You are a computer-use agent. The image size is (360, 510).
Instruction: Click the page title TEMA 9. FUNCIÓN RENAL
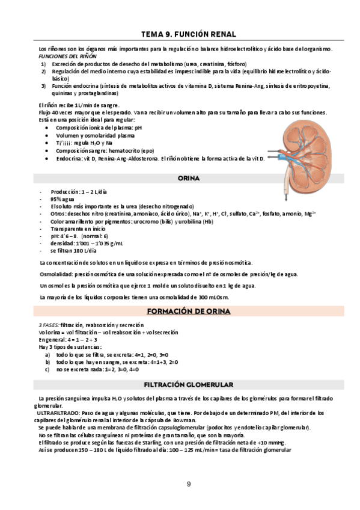pyautogui.click(x=188, y=34)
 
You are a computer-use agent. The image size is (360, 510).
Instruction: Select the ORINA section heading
pyautogui.click(x=188, y=179)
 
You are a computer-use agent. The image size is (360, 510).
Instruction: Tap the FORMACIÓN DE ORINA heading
pyautogui.click(x=188, y=311)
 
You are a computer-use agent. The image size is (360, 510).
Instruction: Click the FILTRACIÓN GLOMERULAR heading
pyautogui.click(x=188, y=384)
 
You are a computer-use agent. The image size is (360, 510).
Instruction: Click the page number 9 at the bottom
pyautogui.click(x=188, y=484)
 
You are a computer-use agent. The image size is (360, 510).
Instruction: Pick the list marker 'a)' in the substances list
pyautogui.click(x=47, y=355)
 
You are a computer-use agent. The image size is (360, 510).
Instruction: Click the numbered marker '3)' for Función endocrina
pyautogui.click(x=44, y=86)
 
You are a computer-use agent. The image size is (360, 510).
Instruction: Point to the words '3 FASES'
pyautogui.click(x=48, y=325)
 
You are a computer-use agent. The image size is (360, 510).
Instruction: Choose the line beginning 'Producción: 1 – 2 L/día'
pyautogui.click(x=79, y=191)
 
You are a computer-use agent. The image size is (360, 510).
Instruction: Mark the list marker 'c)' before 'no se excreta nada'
pyautogui.click(x=47, y=370)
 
